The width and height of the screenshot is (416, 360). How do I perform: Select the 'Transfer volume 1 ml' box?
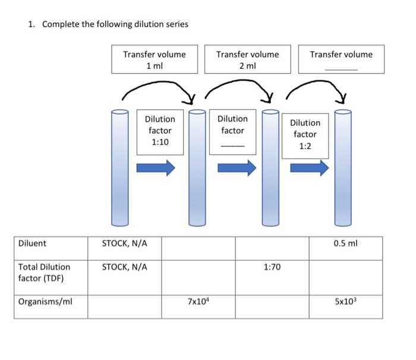(154, 59)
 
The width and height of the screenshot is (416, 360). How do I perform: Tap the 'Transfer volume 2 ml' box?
(247, 59)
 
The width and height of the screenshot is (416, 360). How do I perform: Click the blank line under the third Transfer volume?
(341, 70)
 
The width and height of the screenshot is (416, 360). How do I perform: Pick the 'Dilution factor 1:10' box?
(160, 131)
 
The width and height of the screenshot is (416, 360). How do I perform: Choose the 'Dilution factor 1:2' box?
(305, 135)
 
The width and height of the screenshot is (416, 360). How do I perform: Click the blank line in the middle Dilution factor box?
(232, 146)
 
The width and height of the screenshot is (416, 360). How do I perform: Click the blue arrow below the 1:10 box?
(156, 168)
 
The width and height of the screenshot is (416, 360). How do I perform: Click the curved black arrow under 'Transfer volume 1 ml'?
(158, 87)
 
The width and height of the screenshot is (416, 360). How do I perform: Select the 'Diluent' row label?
(32, 243)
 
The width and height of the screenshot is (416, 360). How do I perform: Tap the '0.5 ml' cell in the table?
(345, 243)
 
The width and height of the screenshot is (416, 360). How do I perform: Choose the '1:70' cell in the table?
(272, 267)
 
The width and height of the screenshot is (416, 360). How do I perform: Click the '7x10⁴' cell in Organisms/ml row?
(198, 302)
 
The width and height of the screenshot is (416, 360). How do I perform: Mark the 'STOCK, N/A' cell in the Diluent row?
(125, 243)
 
